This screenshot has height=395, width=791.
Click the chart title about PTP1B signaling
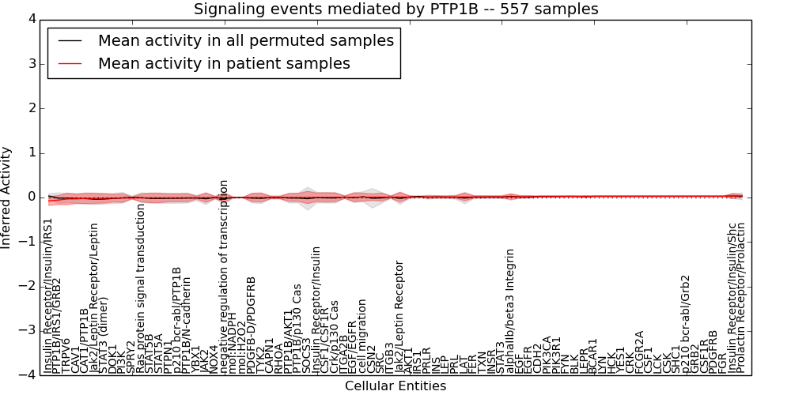395,9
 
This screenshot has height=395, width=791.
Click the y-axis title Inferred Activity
7,197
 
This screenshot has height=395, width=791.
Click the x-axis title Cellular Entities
395,386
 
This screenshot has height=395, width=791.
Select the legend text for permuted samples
245,40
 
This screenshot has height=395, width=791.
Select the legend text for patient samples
224,63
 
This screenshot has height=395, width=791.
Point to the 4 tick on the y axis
31,19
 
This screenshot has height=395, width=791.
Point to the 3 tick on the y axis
31,63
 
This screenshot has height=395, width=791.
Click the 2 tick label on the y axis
31,107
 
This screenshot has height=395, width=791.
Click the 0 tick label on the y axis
31,197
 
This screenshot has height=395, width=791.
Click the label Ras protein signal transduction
141,288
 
